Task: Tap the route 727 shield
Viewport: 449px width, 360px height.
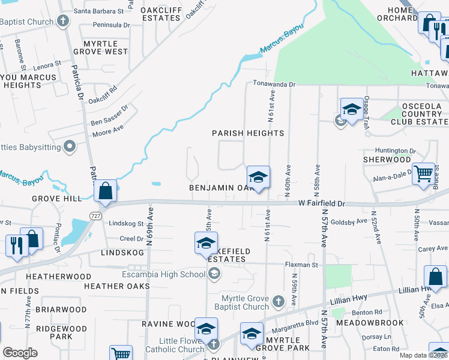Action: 96,215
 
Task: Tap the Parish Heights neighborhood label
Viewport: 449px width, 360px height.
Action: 248,133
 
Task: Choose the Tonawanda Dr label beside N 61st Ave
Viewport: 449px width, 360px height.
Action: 274,85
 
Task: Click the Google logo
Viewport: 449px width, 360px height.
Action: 20,353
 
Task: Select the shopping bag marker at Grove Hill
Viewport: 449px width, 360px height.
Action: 105,191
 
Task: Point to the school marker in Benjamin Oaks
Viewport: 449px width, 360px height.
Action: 258,178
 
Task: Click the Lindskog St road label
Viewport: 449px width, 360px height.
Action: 126,223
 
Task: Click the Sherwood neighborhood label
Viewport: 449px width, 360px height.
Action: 387,160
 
